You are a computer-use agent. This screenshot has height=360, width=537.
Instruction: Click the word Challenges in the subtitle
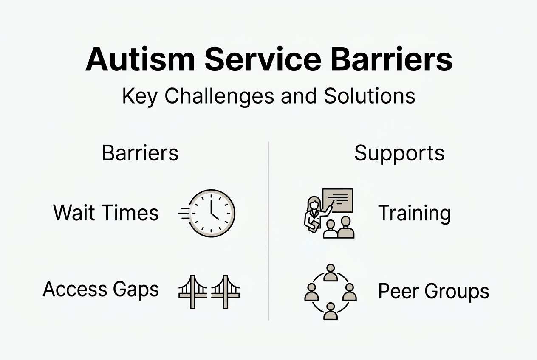click(x=220, y=97)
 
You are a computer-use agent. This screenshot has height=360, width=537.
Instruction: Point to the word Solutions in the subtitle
click(x=369, y=96)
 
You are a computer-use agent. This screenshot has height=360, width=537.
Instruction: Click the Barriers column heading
click(x=140, y=153)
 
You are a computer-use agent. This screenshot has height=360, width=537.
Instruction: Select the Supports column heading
click(x=399, y=153)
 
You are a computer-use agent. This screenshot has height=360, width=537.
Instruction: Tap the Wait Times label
click(x=106, y=213)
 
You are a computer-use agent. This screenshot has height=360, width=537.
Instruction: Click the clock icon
click(x=211, y=213)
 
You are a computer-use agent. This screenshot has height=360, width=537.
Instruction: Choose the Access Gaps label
click(x=101, y=290)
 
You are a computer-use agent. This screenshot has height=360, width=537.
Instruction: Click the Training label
click(x=414, y=213)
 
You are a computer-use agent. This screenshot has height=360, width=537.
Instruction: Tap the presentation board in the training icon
click(x=338, y=200)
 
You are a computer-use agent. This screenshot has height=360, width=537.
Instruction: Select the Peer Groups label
click(x=433, y=292)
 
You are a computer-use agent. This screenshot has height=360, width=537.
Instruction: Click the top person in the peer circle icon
click(x=330, y=273)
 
